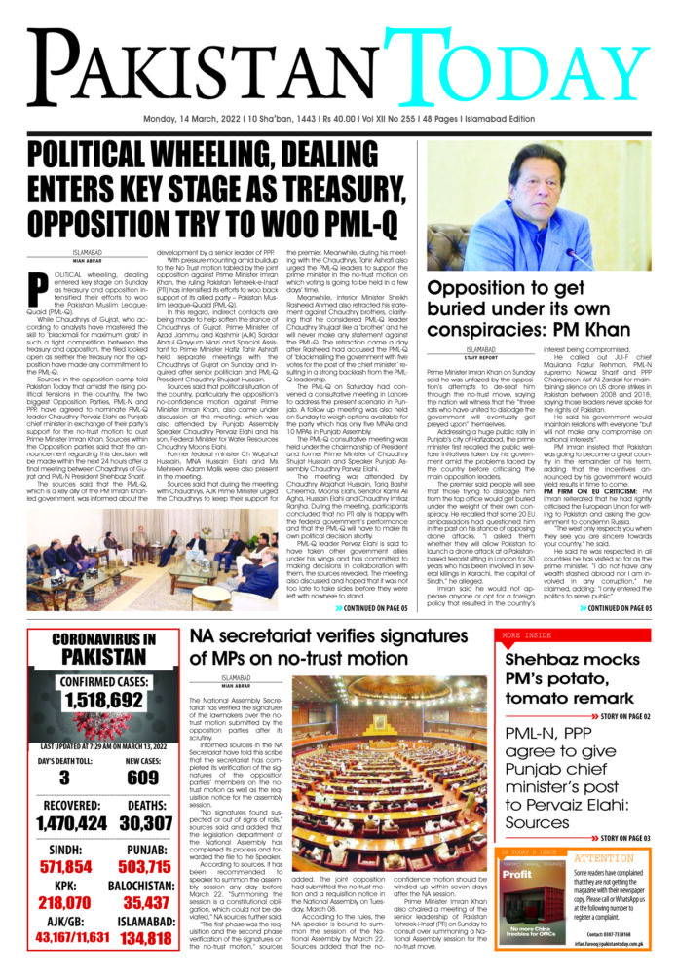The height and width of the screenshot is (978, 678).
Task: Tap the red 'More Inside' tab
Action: (526, 634)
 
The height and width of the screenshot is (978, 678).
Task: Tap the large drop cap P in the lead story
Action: (39, 289)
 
